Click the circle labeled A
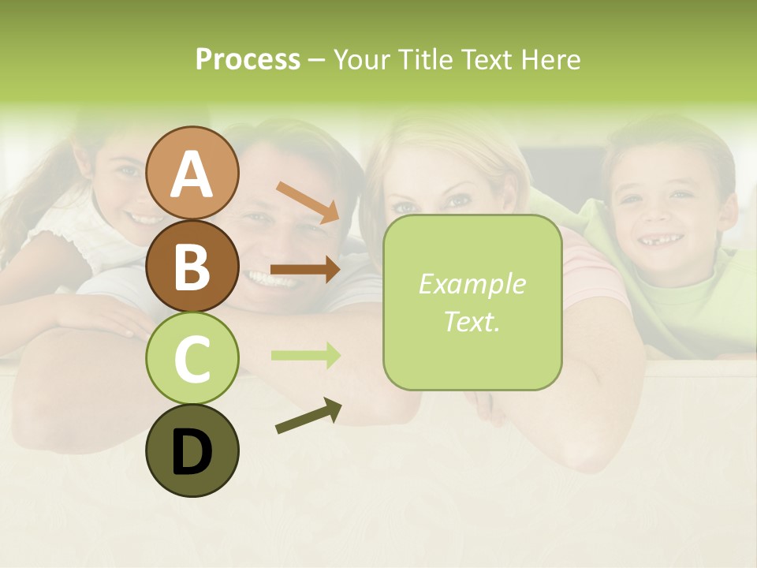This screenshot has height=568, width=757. point(192,174)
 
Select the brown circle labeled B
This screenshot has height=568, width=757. point(192,267)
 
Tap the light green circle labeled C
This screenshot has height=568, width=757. point(192,358)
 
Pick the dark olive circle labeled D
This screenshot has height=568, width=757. point(192,450)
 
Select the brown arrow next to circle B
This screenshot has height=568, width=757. point(305,269)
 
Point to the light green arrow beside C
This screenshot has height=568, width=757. point(305,355)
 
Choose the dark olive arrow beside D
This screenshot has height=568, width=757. point(308,417)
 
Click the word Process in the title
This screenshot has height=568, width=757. point(248,59)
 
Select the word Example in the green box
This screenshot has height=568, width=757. point(472,284)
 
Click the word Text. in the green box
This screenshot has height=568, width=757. point(472,321)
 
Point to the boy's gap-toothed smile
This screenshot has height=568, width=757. point(661,239)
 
